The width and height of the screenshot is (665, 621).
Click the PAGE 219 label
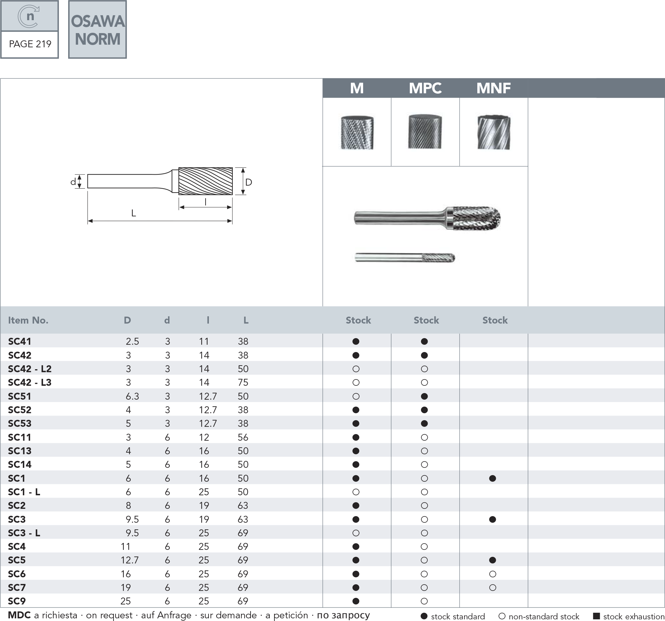click(x=30, y=44)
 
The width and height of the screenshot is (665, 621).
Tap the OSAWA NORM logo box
click(x=97, y=29)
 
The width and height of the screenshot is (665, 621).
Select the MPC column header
click(x=425, y=88)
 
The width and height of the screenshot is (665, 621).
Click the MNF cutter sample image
click(x=494, y=132)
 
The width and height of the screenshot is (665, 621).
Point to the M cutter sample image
click(x=357, y=132)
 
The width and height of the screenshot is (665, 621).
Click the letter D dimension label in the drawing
click(x=249, y=182)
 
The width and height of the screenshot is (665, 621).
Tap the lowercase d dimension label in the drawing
click(x=73, y=182)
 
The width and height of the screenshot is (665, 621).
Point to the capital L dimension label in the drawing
click(x=133, y=213)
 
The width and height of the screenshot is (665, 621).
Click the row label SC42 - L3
click(x=30, y=382)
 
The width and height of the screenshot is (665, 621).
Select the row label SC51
click(x=20, y=396)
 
